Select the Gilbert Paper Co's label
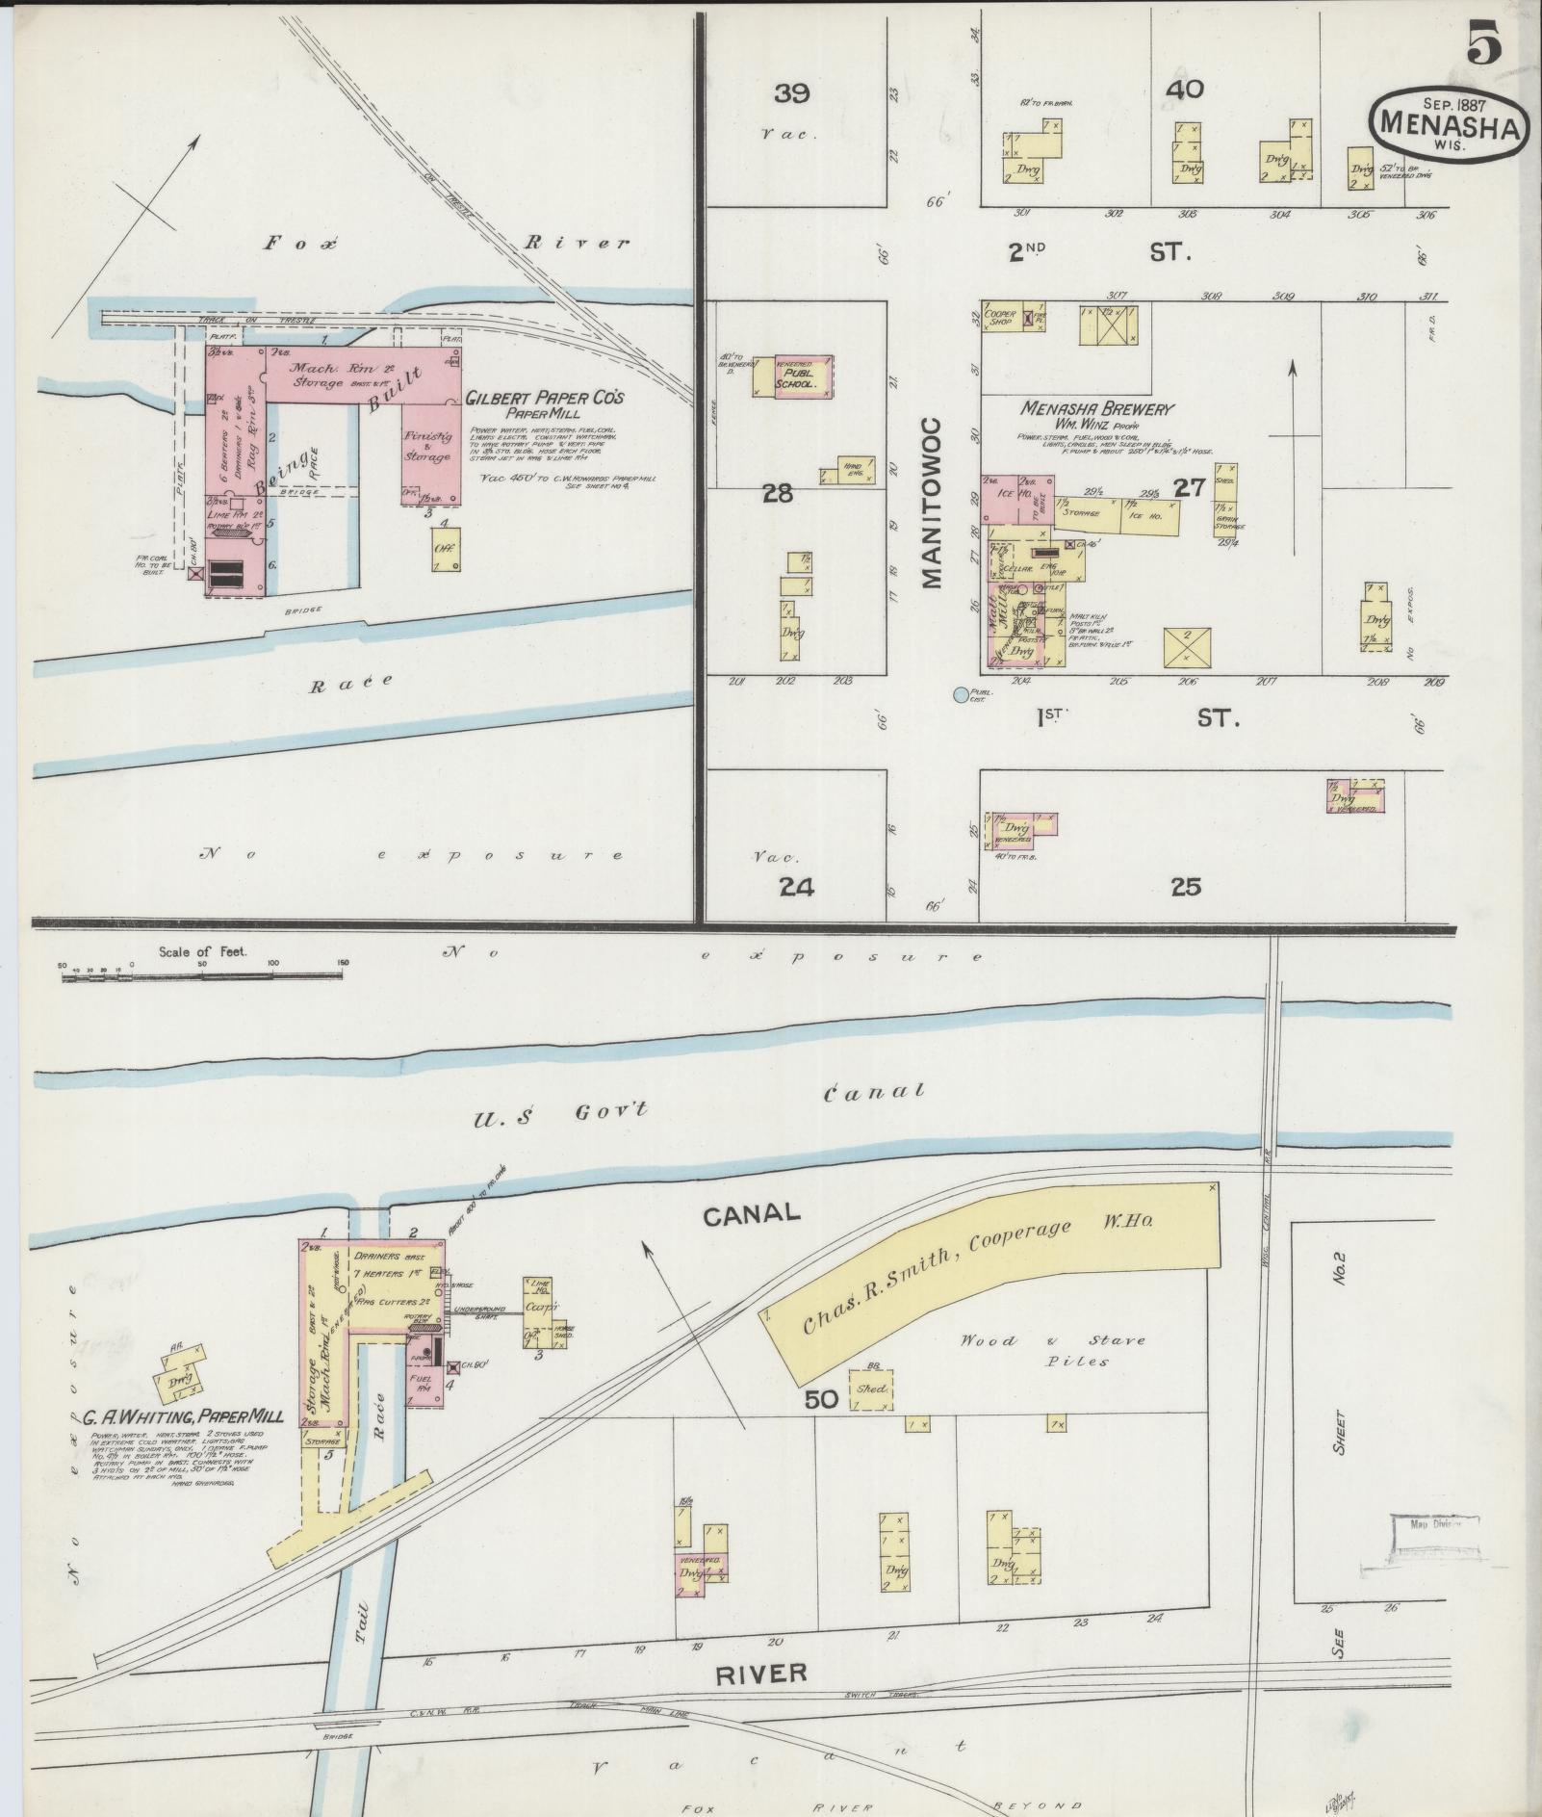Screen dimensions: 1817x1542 tap(545, 398)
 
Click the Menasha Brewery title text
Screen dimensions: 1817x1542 tap(1097, 408)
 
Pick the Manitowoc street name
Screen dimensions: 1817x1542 tap(932, 503)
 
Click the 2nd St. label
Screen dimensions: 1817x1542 tap(1097, 252)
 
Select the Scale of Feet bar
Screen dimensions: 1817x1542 tap(202, 975)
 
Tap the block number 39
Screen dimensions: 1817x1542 tap(791, 93)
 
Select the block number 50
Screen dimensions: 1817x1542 tap(821, 1399)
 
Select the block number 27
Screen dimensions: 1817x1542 tap(1191, 488)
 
